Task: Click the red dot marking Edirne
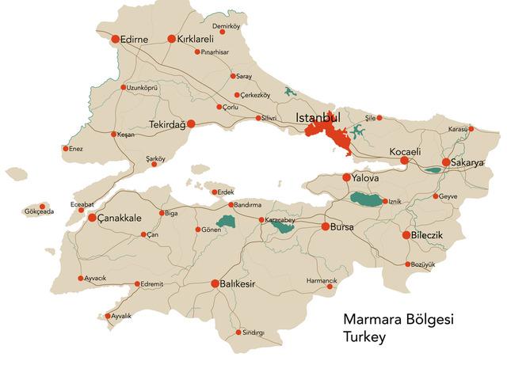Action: click(115, 39)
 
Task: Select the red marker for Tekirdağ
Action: click(191, 123)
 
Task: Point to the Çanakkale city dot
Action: click(92, 218)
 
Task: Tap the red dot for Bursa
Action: click(325, 226)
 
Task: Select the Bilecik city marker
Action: click(406, 235)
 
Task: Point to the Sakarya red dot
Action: click(446, 162)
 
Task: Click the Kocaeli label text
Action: click(405, 151)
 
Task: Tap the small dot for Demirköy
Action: click(222, 32)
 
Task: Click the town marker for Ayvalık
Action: click(109, 317)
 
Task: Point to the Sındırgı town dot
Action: click(238, 332)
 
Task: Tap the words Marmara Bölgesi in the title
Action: click(393, 320)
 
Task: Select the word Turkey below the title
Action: click(364, 337)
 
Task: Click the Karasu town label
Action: click(457, 128)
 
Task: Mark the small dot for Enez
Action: click(66, 148)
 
